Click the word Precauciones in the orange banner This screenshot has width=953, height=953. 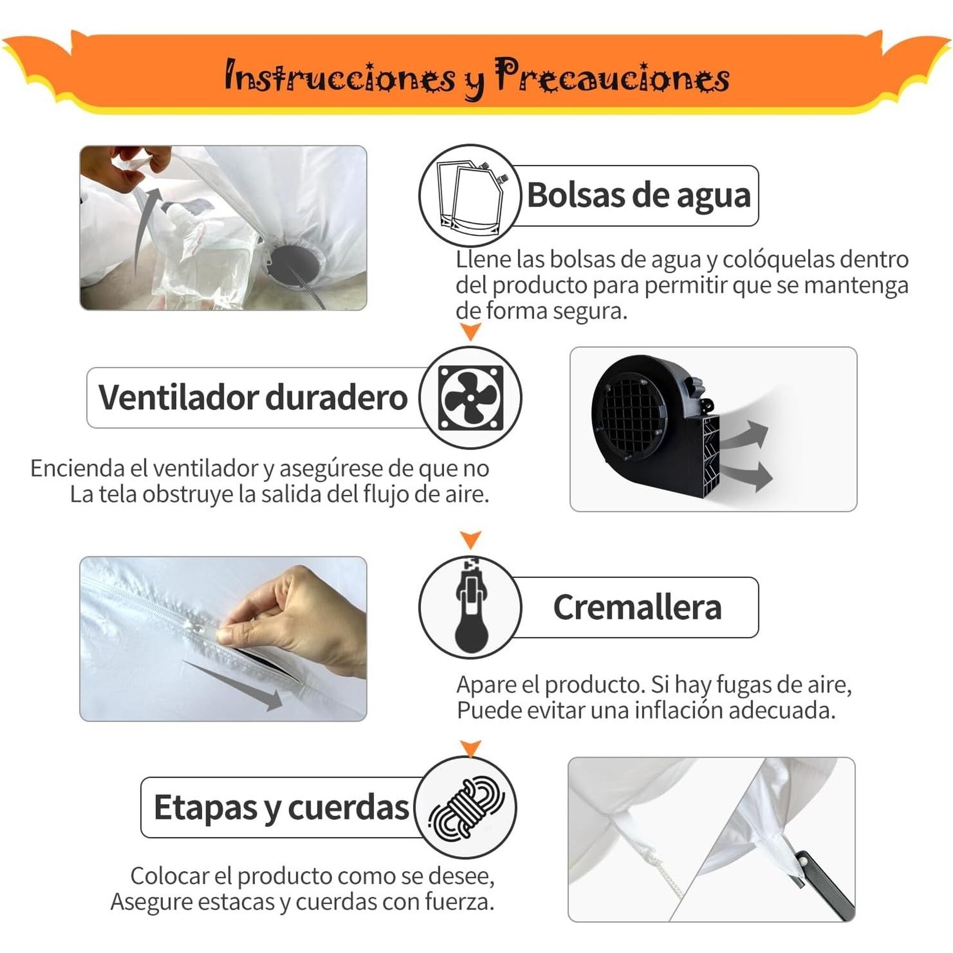[x=612, y=76]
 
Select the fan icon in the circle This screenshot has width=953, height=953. [x=471, y=397]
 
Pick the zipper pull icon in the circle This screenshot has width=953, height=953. [x=471, y=606]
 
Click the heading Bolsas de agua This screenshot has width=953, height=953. [x=639, y=196]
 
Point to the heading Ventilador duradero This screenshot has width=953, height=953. [x=253, y=397]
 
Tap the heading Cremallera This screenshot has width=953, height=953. [x=637, y=607]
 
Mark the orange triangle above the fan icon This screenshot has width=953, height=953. [x=471, y=332]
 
